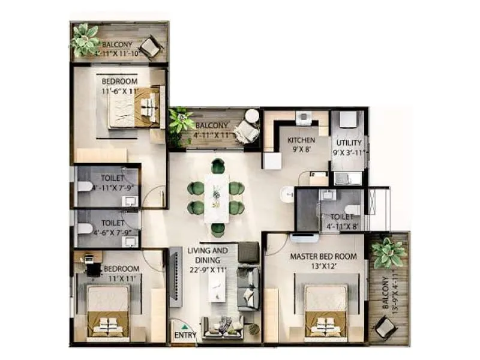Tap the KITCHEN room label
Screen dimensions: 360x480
tap(301, 140)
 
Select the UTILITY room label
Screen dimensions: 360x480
tap(349, 143)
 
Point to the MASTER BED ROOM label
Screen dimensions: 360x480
tap(323, 256)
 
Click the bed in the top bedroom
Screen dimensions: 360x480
tap(134, 107)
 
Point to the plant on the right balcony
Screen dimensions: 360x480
tap(388, 252)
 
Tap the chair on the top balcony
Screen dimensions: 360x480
tap(149, 47)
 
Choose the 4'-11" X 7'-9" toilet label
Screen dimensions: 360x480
tap(113, 178)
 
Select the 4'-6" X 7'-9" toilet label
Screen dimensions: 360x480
tap(113, 221)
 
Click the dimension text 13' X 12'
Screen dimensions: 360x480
tap(323, 266)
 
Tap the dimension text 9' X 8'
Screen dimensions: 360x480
tap(301, 150)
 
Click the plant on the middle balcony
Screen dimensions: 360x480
tap(180, 121)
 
